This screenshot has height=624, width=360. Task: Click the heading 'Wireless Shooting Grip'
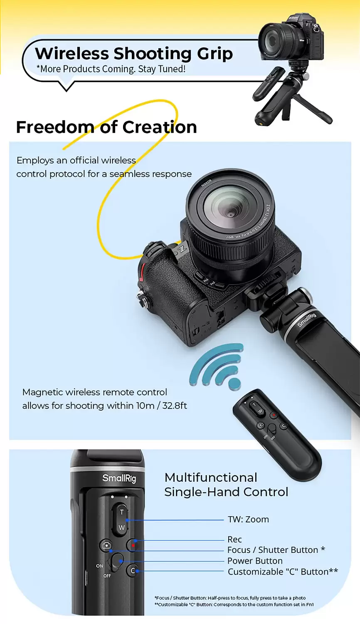(133, 54)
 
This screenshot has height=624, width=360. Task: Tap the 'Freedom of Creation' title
(106, 127)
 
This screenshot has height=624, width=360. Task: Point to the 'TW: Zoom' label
(248, 519)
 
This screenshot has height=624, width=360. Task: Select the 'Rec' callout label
(234, 539)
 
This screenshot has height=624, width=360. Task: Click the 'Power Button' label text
(255, 561)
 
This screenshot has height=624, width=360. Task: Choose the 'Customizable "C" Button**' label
(283, 572)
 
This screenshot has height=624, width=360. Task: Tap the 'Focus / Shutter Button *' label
(276, 550)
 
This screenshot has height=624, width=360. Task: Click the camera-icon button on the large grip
(106, 545)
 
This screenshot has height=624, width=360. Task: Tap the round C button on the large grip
(133, 570)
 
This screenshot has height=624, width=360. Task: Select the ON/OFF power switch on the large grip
(117, 562)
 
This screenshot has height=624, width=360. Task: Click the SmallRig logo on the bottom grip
(119, 478)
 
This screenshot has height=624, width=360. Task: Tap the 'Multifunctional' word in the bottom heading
(211, 478)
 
